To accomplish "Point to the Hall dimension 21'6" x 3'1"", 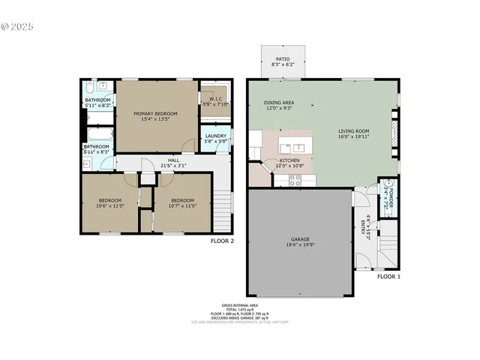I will (x=173, y=161).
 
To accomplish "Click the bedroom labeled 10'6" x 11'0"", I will (x=109, y=201).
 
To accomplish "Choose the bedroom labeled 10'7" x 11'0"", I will (x=182, y=201).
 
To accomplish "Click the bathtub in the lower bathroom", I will (x=97, y=136).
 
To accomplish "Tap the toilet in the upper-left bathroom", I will (x=91, y=86).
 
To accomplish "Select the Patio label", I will (x=283, y=58).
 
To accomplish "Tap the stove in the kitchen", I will (x=295, y=179).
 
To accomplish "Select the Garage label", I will (x=298, y=241).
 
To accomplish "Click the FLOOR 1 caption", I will (x=388, y=277).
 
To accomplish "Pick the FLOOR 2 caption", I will (x=223, y=241).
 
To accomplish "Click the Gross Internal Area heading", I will (x=235, y=305).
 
